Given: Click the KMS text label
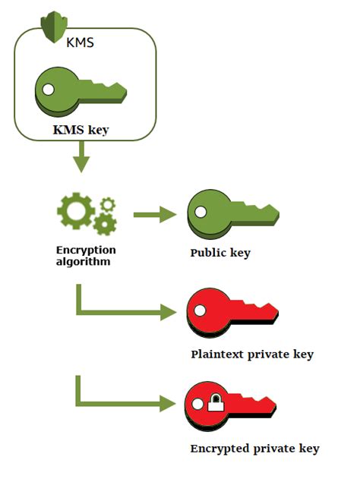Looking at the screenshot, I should pos(80,43).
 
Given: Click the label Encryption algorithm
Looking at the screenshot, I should pos(85,256).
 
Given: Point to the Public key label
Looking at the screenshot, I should pos(220,253).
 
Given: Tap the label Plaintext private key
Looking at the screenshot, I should pos(252,354).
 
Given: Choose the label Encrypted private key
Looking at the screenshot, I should pos(254,448).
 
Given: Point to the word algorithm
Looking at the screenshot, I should pos(85,262).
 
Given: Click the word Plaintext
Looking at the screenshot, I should pos(217,354).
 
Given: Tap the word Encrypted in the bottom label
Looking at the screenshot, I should pos(219,448).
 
